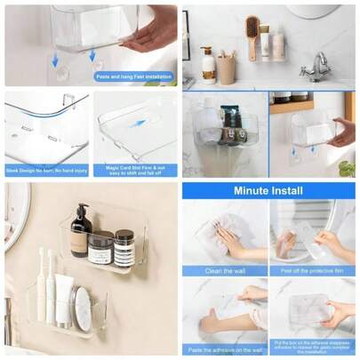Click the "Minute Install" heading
pyautogui.click(x=268, y=190)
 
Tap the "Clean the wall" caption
pyautogui.click(x=225, y=270)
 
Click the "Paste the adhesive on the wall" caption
pyautogui.click(x=225, y=349)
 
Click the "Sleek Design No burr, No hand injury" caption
pyautogui.click(x=46, y=170)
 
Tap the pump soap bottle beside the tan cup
pyautogui.click(x=208, y=66)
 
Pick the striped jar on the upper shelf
pyautogui.click(x=124, y=249)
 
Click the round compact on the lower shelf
pyautogui.click(x=82, y=308)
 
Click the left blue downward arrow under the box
pyautogui.click(x=55, y=60)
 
